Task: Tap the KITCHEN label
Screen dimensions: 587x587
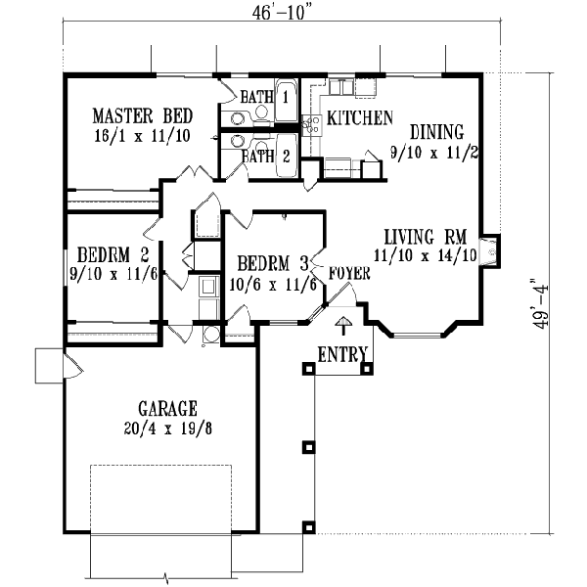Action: (x=360, y=118)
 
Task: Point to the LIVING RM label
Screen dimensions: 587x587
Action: (x=423, y=237)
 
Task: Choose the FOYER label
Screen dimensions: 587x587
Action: (x=349, y=273)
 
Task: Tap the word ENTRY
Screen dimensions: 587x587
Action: (x=342, y=353)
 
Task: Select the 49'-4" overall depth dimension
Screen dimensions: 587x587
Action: (x=537, y=305)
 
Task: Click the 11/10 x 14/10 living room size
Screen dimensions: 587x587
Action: (x=423, y=255)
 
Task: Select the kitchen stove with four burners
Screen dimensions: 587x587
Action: (x=313, y=124)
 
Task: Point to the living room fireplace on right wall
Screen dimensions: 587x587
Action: (x=492, y=251)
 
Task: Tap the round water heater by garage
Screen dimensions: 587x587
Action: (x=211, y=334)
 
